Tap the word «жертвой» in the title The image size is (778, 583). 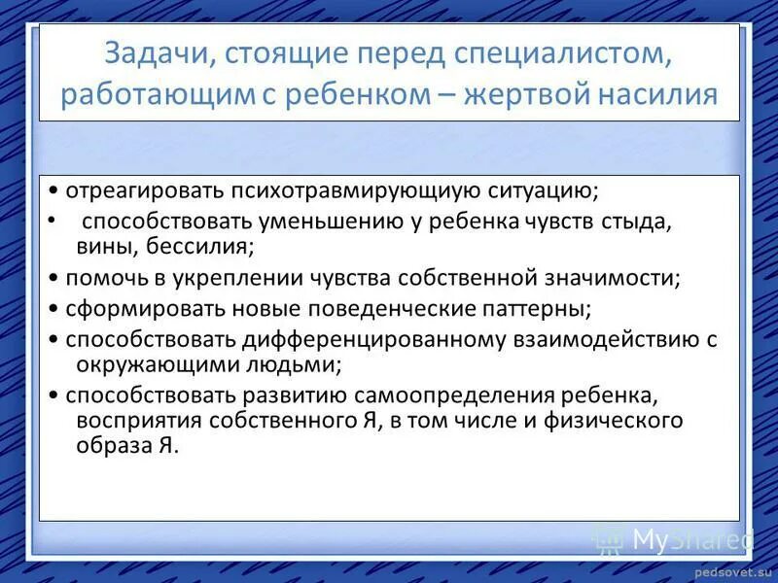[x=538, y=95]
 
